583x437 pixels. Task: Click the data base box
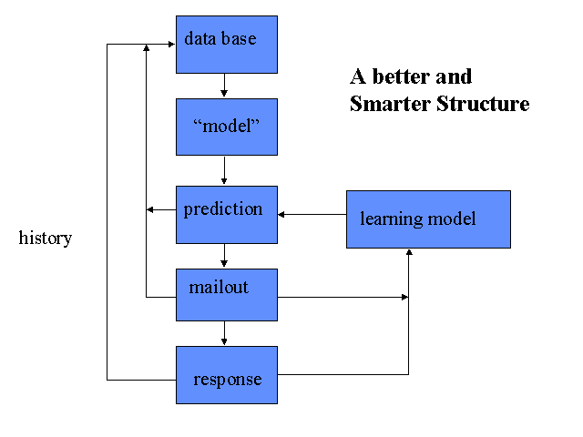pyautogui.click(x=227, y=45)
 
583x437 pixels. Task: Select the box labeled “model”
pyautogui.click(x=227, y=127)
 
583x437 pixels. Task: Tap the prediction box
pyautogui.click(x=227, y=215)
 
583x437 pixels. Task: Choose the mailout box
pyautogui.click(x=227, y=295)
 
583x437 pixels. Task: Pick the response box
pyautogui.click(x=227, y=375)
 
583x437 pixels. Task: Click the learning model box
pyautogui.click(x=428, y=219)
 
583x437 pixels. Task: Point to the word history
pyautogui.click(x=46, y=239)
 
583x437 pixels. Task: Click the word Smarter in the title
pyautogui.click(x=390, y=103)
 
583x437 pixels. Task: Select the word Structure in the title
pyautogui.click(x=483, y=103)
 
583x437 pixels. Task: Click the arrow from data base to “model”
pyautogui.click(x=224, y=86)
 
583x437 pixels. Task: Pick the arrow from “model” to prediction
pyautogui.click(x=224, y=170)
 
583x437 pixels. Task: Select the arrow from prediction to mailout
pyautogui.click(x=224, y=256)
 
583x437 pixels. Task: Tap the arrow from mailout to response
pyautogui.click(x=224, y=333)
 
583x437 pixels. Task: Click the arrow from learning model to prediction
pyautogui.click(x=312, y=215)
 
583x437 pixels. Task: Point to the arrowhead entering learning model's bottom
pyautogui.click(x=409, y=252)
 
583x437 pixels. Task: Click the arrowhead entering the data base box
pyautogui.click(x=171, y=45)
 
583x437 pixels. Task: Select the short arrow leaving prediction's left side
pyautogui.click(x=161, y=210)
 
